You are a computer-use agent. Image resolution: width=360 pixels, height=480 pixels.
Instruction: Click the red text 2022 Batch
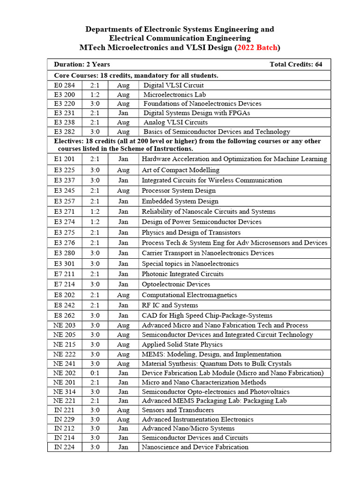[257, 47]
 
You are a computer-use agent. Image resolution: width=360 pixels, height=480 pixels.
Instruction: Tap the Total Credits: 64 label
[296, 65]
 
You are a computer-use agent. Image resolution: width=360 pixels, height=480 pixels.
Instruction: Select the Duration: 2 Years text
[82, 65]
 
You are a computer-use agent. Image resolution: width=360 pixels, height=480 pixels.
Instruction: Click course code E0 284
[64, 85]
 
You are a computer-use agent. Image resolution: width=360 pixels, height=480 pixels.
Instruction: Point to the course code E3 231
[64, 112]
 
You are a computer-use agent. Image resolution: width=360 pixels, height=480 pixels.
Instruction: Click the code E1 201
[64, 159]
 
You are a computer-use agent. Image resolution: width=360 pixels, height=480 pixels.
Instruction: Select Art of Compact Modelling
[180, 170]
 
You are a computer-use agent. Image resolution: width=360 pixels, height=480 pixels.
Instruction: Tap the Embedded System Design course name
[180, 201]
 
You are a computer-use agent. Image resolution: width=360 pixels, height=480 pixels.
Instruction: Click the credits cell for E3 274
[95, 222]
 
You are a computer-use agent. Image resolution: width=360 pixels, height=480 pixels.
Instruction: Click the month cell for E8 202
[123, 295]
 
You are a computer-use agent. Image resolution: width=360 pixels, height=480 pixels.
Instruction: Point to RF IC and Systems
[170, 305]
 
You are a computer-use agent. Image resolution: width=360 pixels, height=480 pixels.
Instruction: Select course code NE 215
[64, 345]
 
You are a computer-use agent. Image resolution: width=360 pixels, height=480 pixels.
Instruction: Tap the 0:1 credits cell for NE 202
[95, 373]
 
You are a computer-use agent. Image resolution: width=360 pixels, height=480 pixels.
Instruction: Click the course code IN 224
[64, 447]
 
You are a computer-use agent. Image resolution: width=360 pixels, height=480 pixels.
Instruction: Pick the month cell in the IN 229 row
[123, 420]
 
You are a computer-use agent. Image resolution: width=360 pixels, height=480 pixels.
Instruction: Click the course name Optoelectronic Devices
[176, 284]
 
